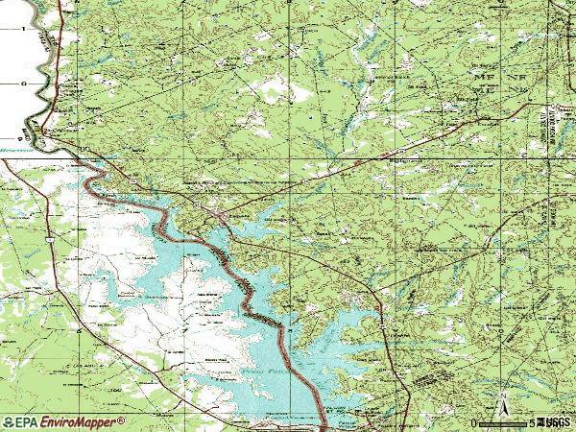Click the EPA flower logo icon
(x=9, y=422)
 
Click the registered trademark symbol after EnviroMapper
(x=122, y=420)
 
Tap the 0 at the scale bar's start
(x=474, y=422)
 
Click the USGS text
(x=555, y=422)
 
